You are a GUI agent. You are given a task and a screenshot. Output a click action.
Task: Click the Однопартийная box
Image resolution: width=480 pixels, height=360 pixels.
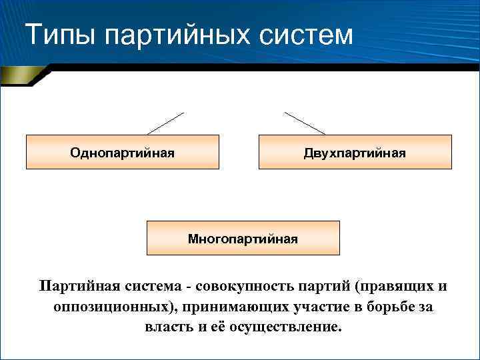(x=123, y=152)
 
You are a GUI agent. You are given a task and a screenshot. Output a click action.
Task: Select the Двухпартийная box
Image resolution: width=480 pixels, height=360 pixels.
(x=354, y=152)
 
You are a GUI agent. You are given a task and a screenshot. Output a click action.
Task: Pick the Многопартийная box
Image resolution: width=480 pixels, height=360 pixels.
(x=243, y=238)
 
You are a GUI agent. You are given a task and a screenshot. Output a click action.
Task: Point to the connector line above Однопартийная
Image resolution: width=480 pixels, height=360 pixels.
(x=165, y=123)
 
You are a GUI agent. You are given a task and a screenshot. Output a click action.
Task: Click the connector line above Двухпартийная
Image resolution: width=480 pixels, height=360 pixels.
(x=305, y=123)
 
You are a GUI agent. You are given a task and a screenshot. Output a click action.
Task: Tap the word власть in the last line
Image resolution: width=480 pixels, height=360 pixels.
(x=165, y=328)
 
